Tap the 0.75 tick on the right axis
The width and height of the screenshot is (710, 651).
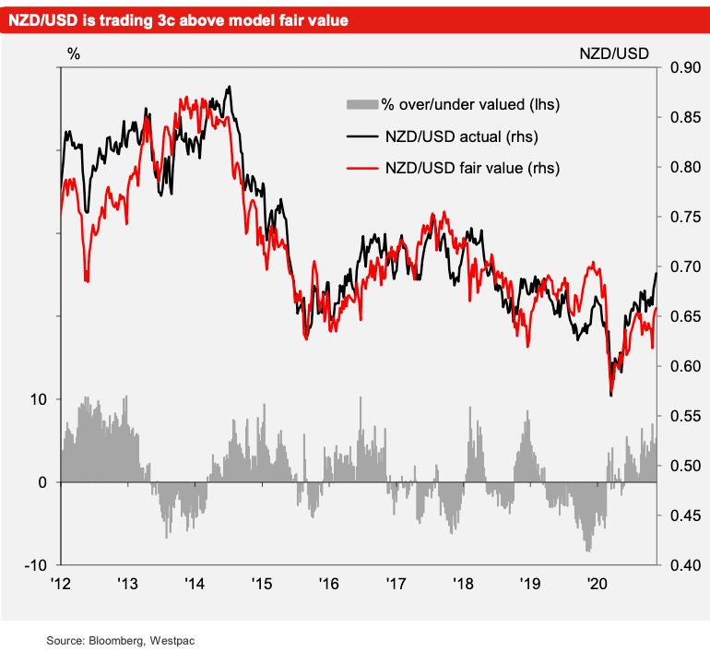[682, 217]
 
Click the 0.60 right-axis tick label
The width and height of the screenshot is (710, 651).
[682, 366]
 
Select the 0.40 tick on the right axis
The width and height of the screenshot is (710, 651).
[682, 564]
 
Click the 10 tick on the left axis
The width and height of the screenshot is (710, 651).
[41, 399]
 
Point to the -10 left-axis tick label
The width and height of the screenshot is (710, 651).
[39, 564]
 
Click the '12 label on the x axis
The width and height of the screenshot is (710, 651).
[61, 584]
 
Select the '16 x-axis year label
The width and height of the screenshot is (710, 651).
[328, 584]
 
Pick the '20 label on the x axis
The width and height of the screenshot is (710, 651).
[597, 584]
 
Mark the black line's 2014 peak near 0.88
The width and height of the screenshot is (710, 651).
[229, 87]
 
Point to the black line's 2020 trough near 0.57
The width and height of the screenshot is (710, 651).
[611, 396]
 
